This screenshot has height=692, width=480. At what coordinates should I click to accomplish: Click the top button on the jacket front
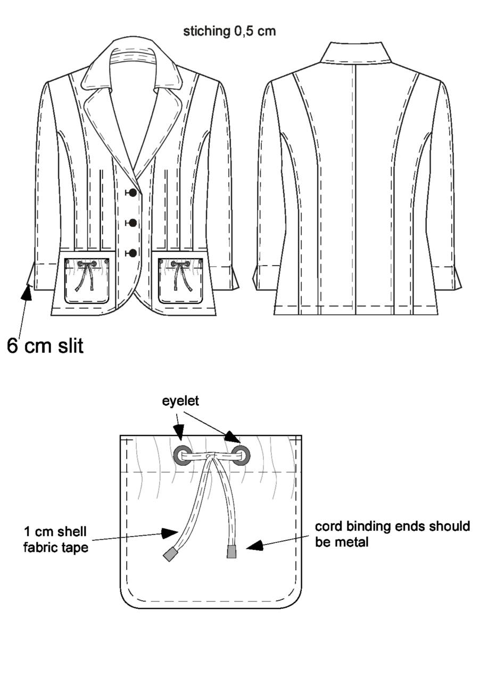coord(133,193)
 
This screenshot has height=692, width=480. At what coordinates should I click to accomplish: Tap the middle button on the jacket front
coord(133,223)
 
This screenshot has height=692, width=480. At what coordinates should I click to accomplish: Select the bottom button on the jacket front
coord(133,253)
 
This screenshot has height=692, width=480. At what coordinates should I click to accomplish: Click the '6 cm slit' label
coord(45,345)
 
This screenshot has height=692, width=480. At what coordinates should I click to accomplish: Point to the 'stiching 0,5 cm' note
coord(229,31)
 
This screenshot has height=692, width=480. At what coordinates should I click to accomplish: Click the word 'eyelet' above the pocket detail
coord(180,401)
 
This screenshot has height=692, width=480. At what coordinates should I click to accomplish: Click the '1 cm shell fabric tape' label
coord(55,540)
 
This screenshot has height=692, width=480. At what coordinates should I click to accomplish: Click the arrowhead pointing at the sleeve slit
coord(27,292)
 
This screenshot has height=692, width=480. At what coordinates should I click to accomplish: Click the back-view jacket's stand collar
coord(356,53)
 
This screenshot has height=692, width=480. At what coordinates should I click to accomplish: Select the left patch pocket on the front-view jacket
coord(87,281)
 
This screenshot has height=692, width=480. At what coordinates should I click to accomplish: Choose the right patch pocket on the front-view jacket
coord(180,281)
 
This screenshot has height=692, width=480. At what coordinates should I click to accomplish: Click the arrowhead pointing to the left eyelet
coord(178,432)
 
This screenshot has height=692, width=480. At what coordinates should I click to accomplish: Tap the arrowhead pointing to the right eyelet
coord(231,436)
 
